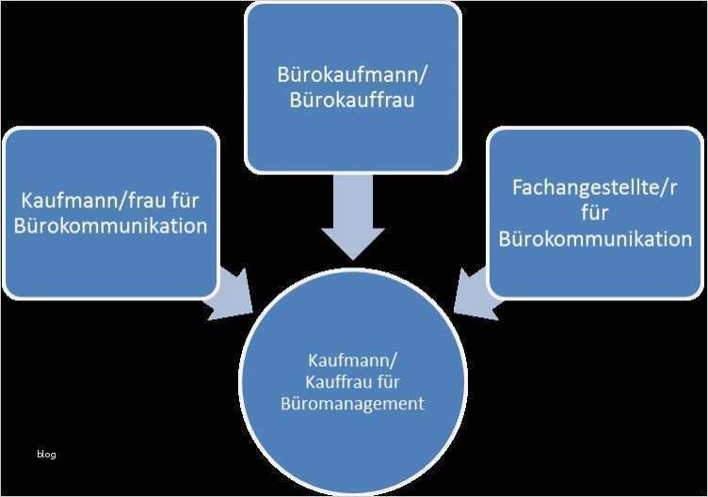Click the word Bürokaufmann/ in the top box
click(x=352, y=75)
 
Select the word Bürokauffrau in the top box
click(x=352, y=100)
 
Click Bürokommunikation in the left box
click(x=111, y=226)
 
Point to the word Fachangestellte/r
click(x=595, y=187)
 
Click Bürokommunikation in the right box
click(x=595, y=239)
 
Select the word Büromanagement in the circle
click(x=352, y=404)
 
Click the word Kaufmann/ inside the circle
click(x=352, y=361)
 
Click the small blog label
click(x=46, y=454)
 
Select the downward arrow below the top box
click(x=353, y=217)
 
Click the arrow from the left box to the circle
click(x=232, y=293)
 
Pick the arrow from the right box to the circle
click(x=475, y=293)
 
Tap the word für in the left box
click(x=185, y=200)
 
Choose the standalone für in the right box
click(x=595, y=213)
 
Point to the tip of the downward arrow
click(x=353, y=260)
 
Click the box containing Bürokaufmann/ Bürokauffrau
click(x=353, y=88)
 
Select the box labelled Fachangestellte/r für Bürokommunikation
click(x=595, y=213)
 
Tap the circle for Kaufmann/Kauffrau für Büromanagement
click(x=353, y=382)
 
